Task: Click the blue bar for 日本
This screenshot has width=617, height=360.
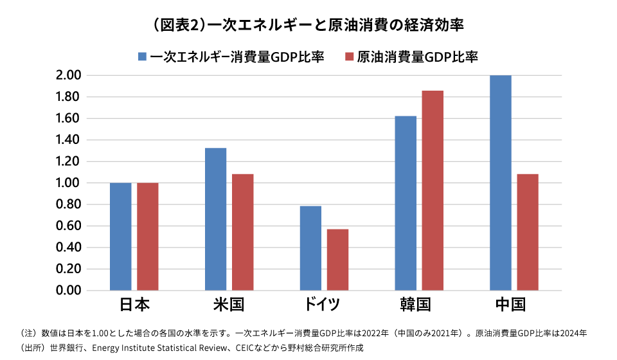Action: click(x=120, y=237)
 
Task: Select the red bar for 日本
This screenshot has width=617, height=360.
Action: click(x=147, y=237)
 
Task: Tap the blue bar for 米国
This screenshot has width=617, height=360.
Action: click(x=215, y=219)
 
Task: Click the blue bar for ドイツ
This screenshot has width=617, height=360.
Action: click(x=310, y=248)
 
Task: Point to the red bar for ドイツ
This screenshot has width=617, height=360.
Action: click(x=337, y=260)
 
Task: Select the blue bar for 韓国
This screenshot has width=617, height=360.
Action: click(x=406, y=203)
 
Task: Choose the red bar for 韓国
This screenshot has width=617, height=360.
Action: click(x=433, y=190)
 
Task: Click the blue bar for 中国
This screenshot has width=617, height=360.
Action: click(x=501, y=183)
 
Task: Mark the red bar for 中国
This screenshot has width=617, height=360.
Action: click(x=528, y=232)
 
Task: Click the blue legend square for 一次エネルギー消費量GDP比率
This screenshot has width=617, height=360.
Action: click(x=143, y=57)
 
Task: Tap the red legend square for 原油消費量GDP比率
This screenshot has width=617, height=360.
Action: click(x=350, y=57)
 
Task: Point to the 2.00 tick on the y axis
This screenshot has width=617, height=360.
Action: click(x=68, y=75)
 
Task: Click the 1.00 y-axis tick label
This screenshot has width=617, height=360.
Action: click(x=68, y=183)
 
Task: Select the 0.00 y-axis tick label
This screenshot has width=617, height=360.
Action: click(x=68, y=291)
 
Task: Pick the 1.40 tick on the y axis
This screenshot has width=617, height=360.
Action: click(x=68, y=140)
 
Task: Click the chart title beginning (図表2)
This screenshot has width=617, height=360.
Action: click(x=308, y=25)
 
